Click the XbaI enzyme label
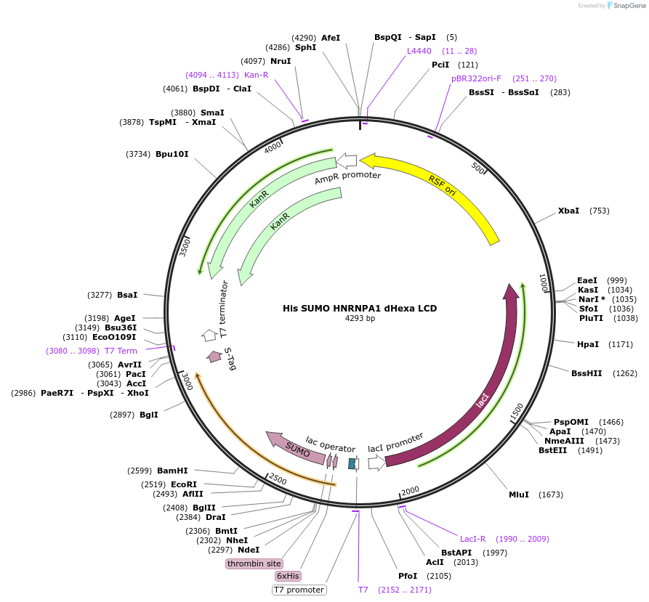coord(568,211)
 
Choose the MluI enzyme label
coord(519,495)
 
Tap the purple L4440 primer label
coord(419,51)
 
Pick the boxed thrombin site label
coord(254,564)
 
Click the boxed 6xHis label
coord(287,576)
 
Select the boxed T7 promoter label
coord(299,590)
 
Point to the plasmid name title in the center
coord(360,308)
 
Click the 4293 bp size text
coord(360,318)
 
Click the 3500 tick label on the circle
coord(186,246)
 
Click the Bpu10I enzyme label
coord(172,154)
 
